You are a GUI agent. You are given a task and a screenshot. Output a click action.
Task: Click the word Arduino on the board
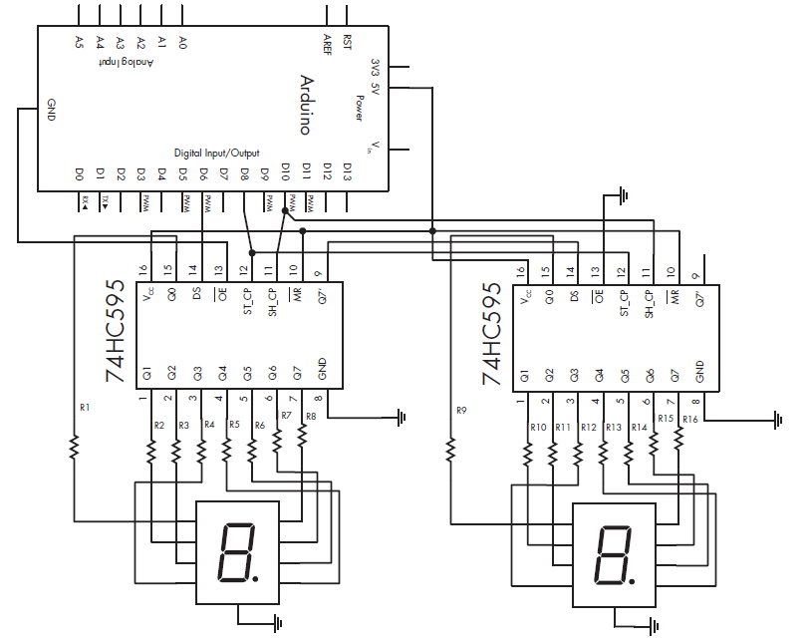(x=306, y=104)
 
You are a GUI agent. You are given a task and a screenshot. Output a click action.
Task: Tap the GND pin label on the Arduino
(x=50, y=110)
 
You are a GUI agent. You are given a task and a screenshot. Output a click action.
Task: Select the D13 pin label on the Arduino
(x=347, y=171)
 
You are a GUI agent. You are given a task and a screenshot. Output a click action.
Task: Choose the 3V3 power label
(x=375, y=67)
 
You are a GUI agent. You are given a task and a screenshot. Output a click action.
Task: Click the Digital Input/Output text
(x=216, y=153)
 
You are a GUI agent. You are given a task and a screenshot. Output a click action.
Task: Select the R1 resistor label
(x=84, y=408)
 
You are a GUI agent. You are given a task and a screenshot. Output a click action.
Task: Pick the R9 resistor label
(x=460, y=410)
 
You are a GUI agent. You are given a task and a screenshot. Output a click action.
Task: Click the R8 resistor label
(x=311, y=416)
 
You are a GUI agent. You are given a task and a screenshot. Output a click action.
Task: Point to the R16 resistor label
(x=689, y=419)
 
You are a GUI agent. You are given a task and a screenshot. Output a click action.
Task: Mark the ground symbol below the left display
(x=275, y=623)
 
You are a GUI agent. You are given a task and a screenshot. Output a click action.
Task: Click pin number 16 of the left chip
(x=143, y=270)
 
